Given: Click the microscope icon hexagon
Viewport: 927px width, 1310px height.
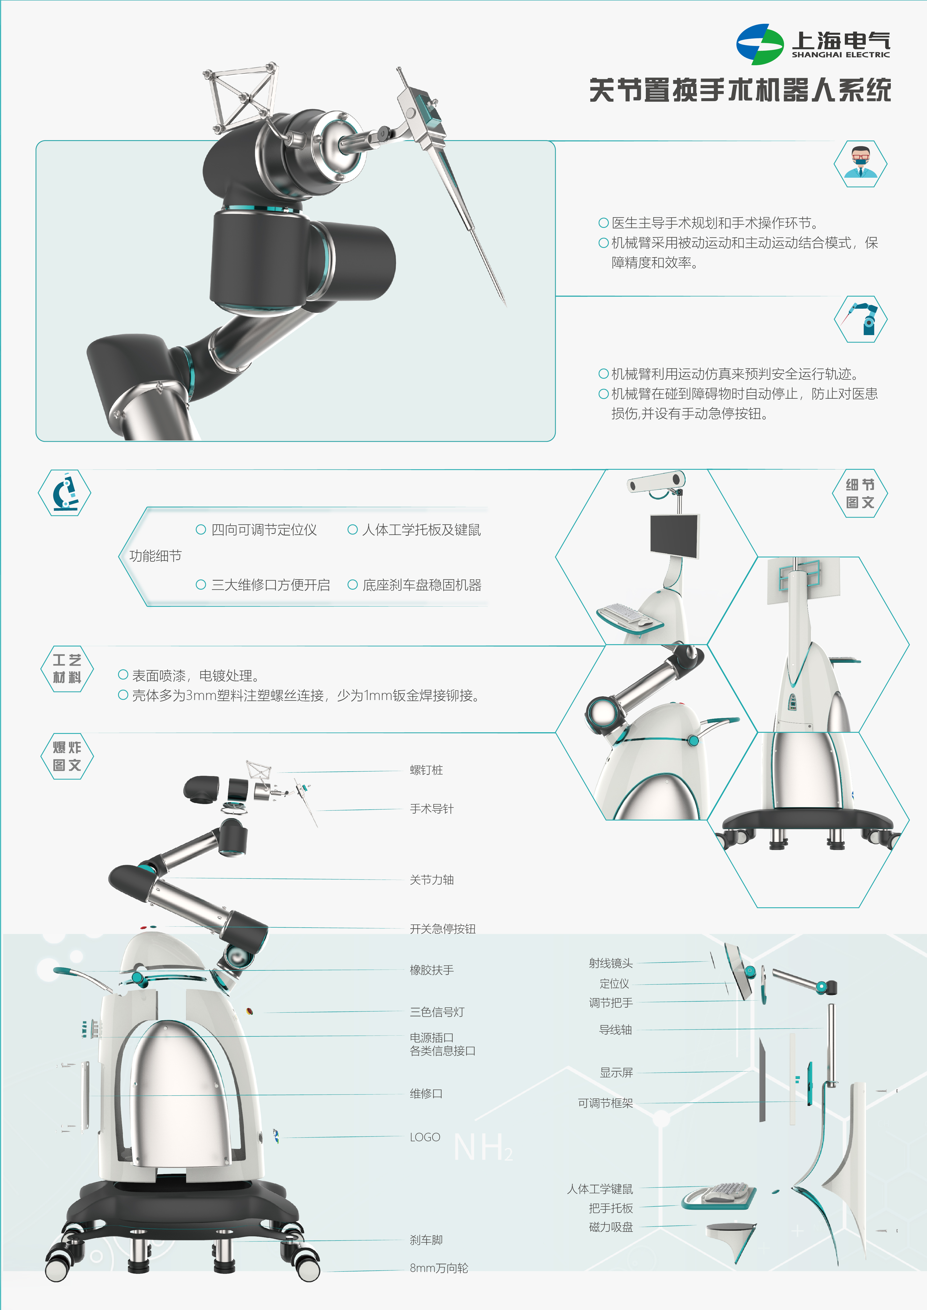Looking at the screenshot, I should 64,493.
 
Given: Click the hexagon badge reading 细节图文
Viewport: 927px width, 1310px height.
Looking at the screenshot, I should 860,494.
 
